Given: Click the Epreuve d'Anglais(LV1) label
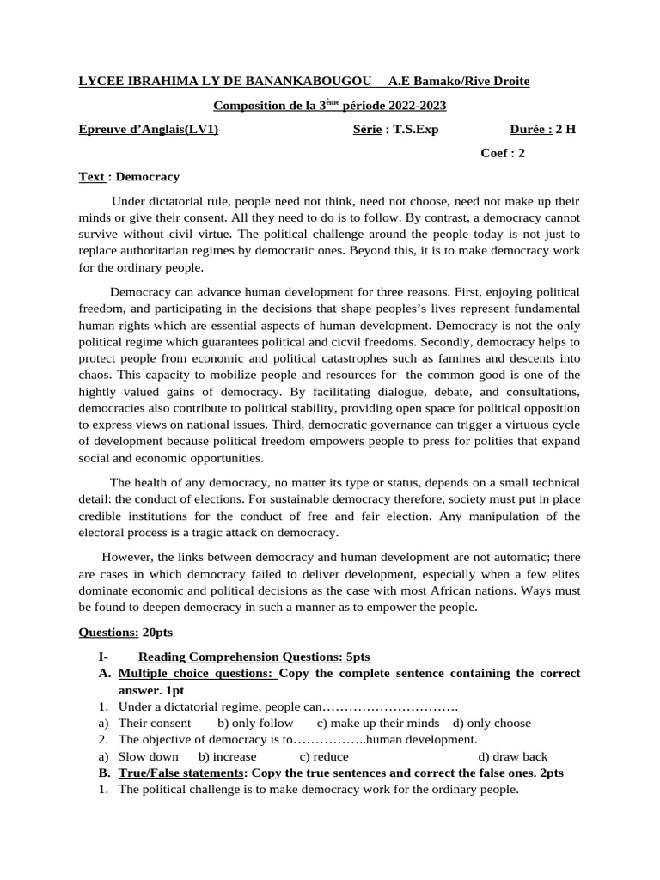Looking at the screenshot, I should (x=149, y=130).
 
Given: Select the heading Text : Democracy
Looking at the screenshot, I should (x=129, y=177).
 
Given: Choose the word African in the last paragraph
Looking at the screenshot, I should (x=492, y=590).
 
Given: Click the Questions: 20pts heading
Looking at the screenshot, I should (x=125, y=632).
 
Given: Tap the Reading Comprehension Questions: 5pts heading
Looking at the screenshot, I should (x=254, y=657).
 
